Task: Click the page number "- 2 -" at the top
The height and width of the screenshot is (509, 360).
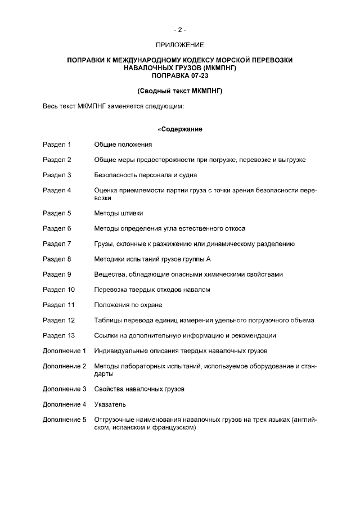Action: (179, 29)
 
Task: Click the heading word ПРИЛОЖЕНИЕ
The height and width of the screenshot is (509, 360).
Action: (179, 44)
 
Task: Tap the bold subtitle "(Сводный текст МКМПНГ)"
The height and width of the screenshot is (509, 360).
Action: (179, 91)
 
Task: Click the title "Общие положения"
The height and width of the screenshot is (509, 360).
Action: (123, 145)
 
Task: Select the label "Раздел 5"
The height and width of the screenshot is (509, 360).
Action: (57, 213)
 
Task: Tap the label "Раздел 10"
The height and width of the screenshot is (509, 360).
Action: (58, 290)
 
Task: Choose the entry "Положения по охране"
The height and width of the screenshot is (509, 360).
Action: (128, 305)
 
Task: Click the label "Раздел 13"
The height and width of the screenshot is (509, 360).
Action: (58, 335)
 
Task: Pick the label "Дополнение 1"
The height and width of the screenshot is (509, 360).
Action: (64, 350)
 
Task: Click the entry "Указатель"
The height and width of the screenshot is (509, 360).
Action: (110, 404)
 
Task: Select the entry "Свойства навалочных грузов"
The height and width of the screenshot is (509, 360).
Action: (139, 389)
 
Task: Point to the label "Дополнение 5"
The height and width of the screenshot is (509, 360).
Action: (64, 420)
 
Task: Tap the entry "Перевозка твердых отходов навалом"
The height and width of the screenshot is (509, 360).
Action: (152, 290)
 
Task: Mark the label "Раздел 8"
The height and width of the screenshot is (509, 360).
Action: (57, 259)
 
